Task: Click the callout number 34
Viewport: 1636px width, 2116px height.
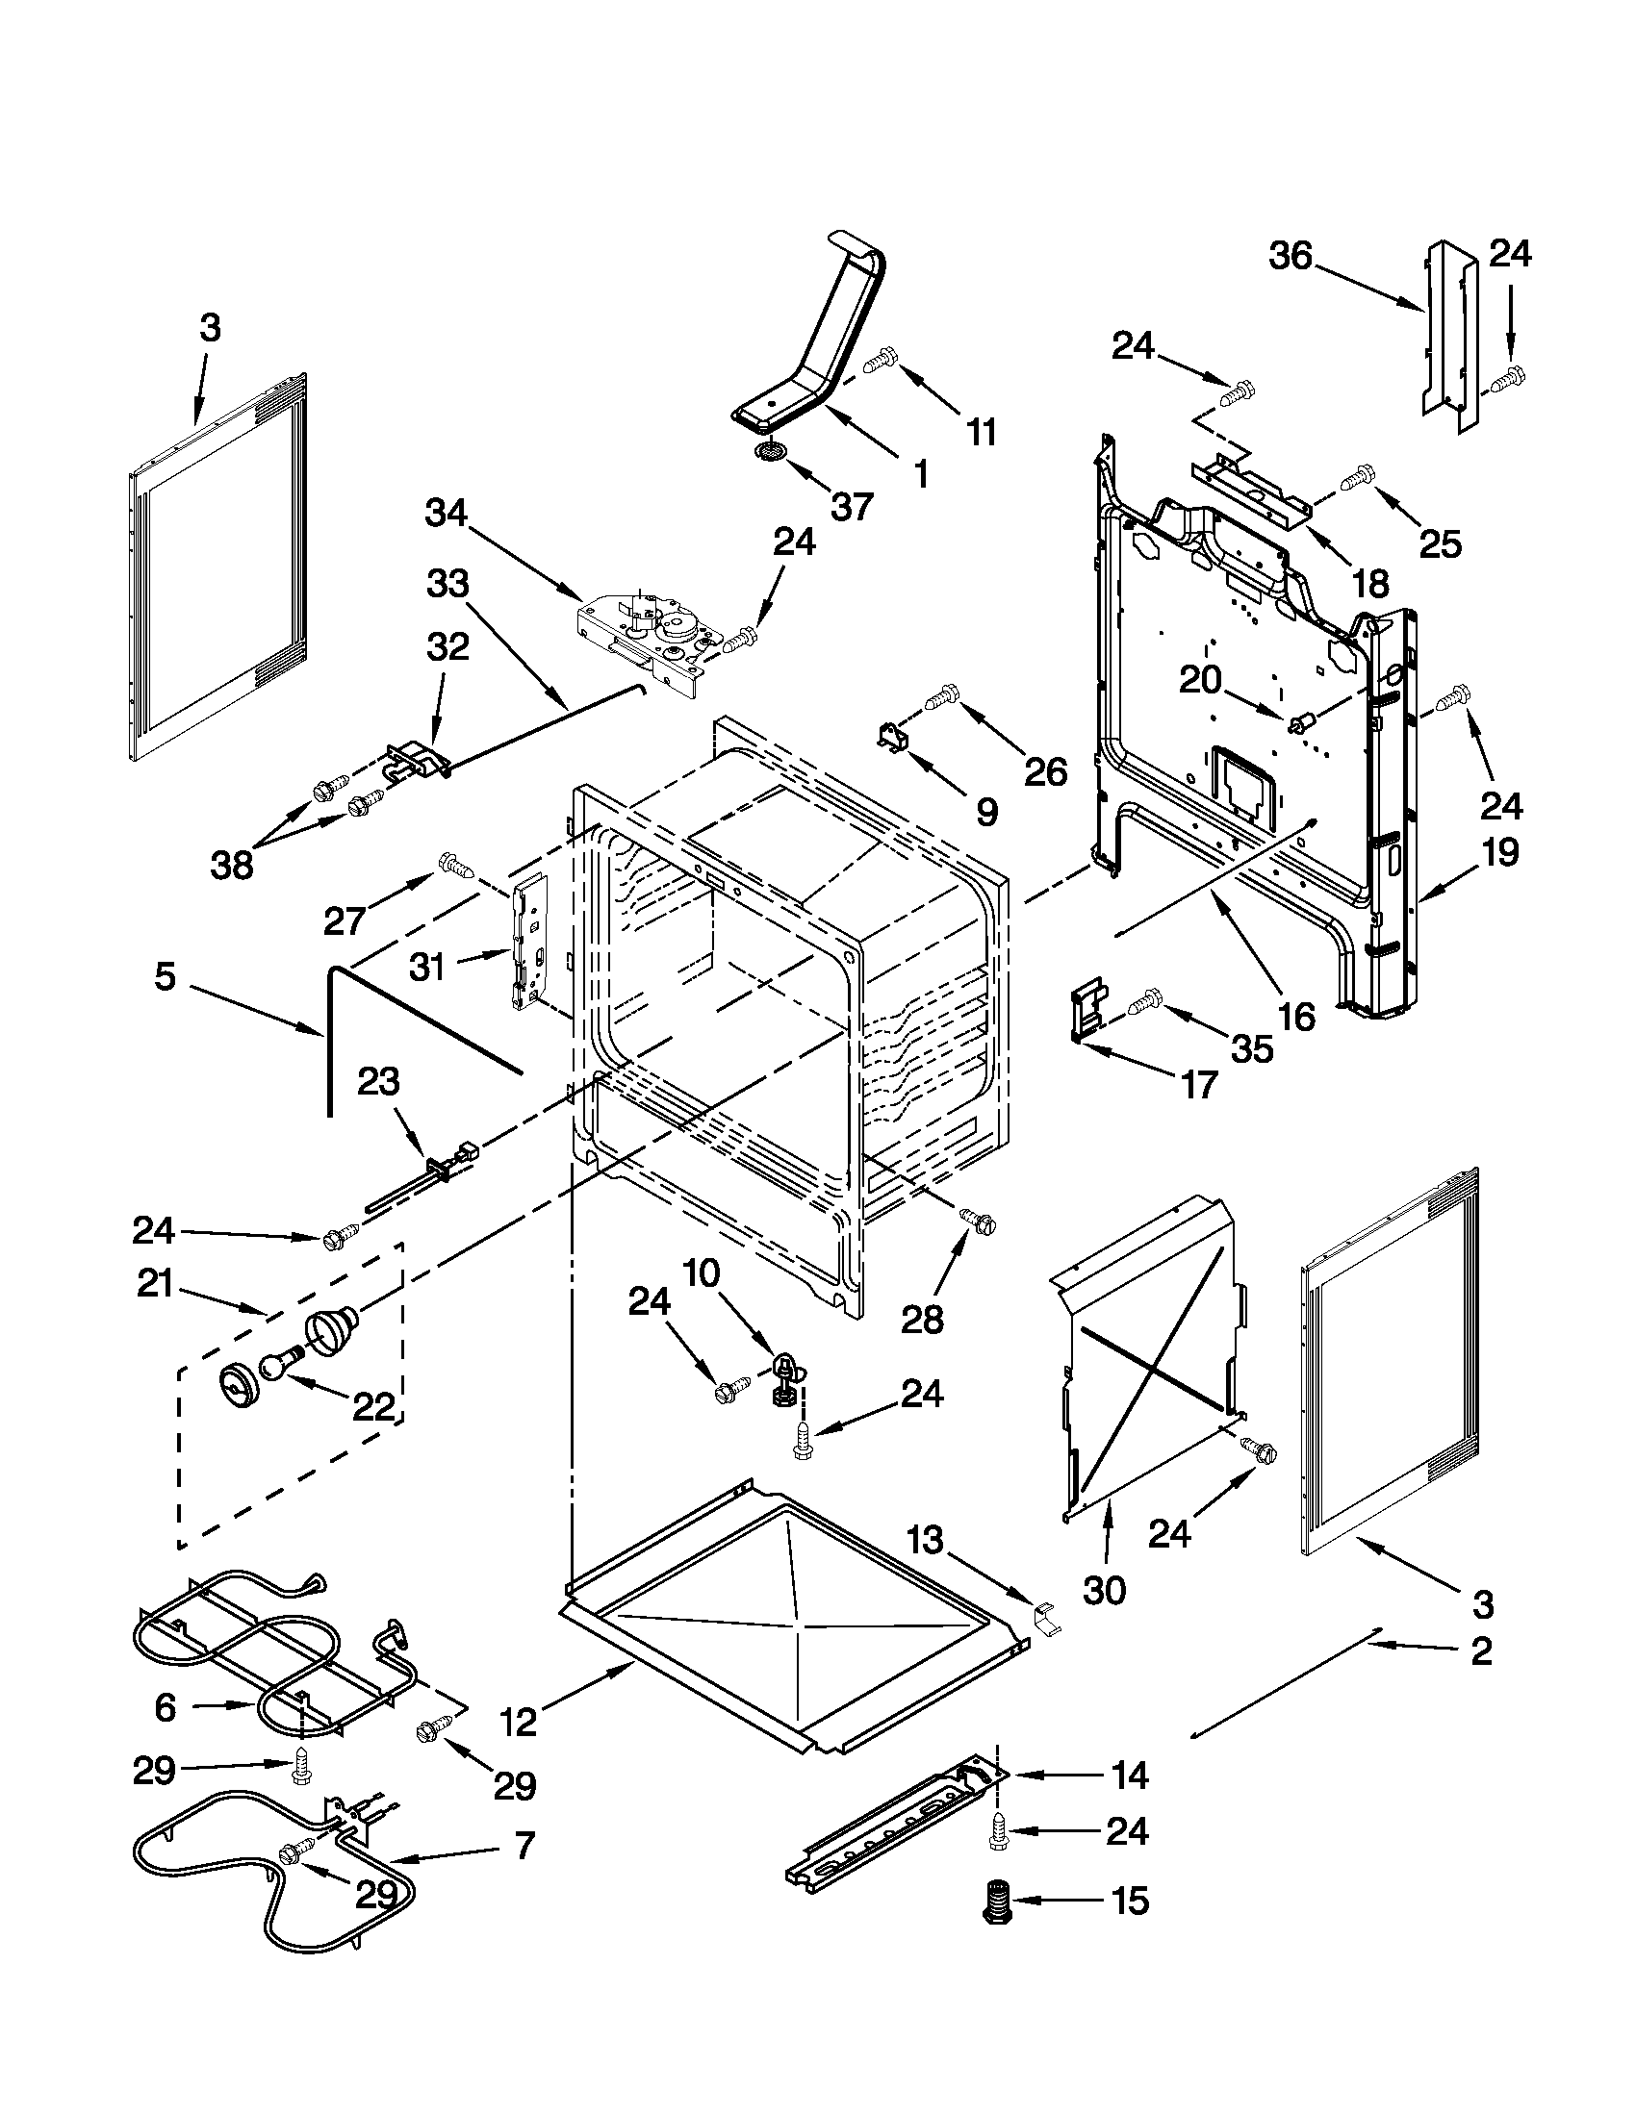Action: click(x=446, y=514)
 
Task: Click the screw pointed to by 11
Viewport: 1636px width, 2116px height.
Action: click(x=880, y=360)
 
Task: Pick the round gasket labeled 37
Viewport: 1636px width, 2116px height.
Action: click(x=772, y=452)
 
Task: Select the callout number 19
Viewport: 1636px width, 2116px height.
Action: click(x=1500, y=852)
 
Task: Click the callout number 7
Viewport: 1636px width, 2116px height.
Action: click(x=524, y=1847)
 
